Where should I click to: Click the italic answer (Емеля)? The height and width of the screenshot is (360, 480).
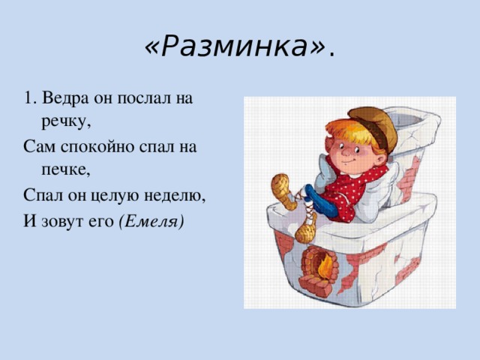pos(150,221)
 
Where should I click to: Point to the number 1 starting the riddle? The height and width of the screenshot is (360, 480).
pos(28,98)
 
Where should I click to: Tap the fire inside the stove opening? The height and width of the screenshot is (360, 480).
pos(325,267)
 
